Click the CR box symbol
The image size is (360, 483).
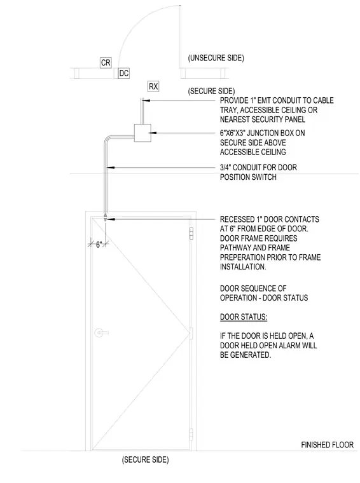tap(106, 62)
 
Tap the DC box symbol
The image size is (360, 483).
tap(123, 73)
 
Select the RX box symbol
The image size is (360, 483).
tap(153, 86)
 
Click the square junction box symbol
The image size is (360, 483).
tap(142, 133)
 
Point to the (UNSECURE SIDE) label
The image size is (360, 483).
tap(216, 58)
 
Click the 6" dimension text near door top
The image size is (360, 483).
tap(99, 245)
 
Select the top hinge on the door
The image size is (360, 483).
tap(191, 233)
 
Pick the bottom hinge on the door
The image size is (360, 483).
tap(191, 434)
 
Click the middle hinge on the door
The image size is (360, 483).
tap(191, 333)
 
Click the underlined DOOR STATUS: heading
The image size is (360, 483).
tap(244, 317)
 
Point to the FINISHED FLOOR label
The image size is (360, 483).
tap(328, 445)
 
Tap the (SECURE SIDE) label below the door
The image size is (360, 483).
tap(146, 460)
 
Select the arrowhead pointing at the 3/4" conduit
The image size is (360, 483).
tap(110, 168)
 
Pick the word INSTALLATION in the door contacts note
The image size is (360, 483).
tap(242, 267)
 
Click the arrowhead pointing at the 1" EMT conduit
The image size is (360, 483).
tap(147, 100)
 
